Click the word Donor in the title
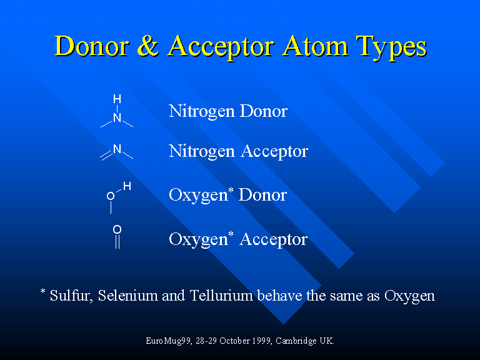92,46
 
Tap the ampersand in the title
148,46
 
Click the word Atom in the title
315,46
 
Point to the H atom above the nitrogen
117,99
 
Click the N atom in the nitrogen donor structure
117,117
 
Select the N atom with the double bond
117,149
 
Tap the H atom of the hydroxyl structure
127,186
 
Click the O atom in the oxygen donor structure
111,196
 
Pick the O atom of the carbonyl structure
117,229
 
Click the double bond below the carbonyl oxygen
117,241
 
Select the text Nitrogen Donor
228,111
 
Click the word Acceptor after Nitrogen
274,152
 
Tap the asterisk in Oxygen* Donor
231,191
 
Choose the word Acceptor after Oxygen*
273,240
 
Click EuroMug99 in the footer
168,341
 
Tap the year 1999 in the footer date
263,341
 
